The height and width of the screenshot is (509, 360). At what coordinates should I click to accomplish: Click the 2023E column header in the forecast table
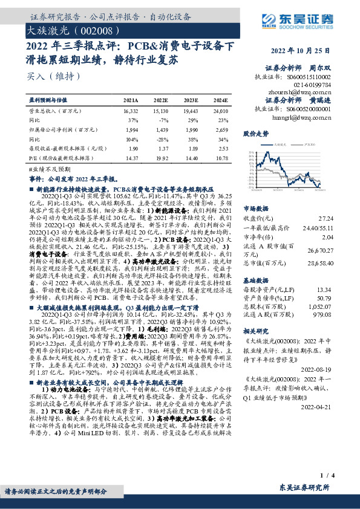click(x=190, y=100)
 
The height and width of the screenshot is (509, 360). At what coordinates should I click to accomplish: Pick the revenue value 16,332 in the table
click(x=130, y=112)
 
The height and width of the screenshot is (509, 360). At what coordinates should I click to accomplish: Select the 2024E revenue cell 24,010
click(x=220, y=112)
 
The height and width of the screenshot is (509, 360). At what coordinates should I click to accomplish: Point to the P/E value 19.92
click(x=160, y=157)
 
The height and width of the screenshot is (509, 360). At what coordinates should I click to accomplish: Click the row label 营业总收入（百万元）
click(x=55, y=112)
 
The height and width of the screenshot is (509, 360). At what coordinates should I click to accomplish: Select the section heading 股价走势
click(x=255, y=132)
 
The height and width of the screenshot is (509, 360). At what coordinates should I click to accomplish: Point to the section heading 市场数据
click(x=255, y=206)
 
